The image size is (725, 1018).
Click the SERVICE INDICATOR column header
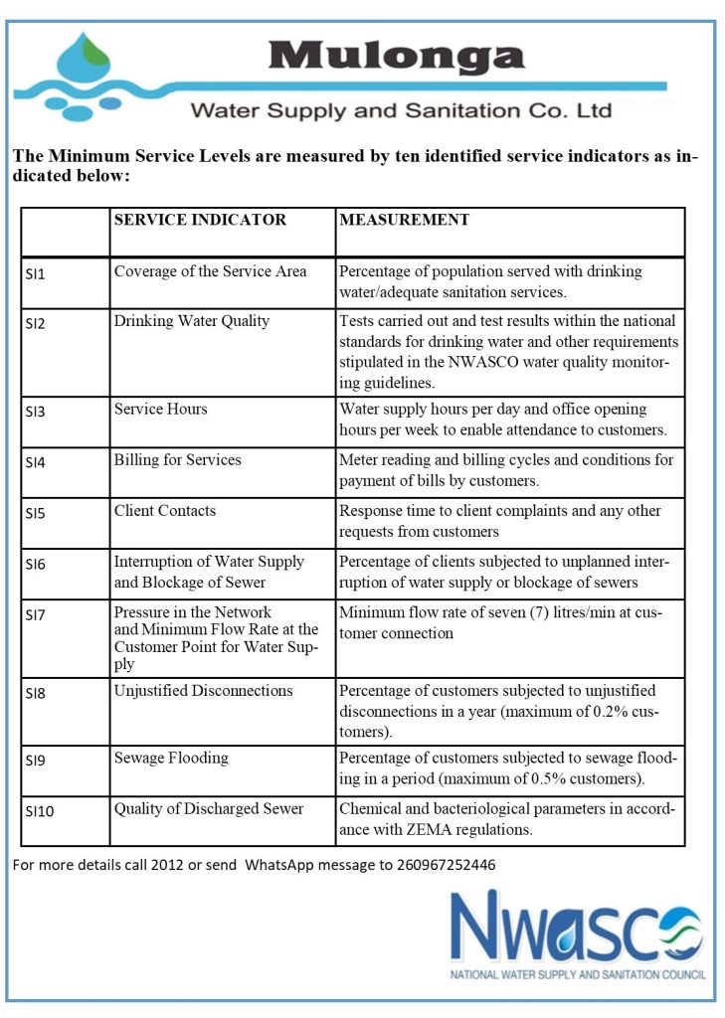pyautogui.click(x=200, y=220)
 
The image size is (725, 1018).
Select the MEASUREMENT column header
pyautogui.click(x=404, y=220)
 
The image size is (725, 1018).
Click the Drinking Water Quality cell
pyautogui.click(x=191, y=321)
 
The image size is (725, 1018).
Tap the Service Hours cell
pyautogui.click(x=160, y=409)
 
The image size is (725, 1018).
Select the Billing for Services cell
pyautogui.click(x=177, y=459)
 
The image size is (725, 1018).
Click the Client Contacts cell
pyautogui.click(x=164, y=511)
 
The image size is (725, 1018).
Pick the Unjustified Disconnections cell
pyautogui.click(x=203, y=690)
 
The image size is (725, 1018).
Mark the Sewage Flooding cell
pyautogui.click(x=170, y=758)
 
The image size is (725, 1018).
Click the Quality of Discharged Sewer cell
pyautogui.click(x=209, y=808)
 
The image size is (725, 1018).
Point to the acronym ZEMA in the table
pyautogui.click(x=424, y=828)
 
